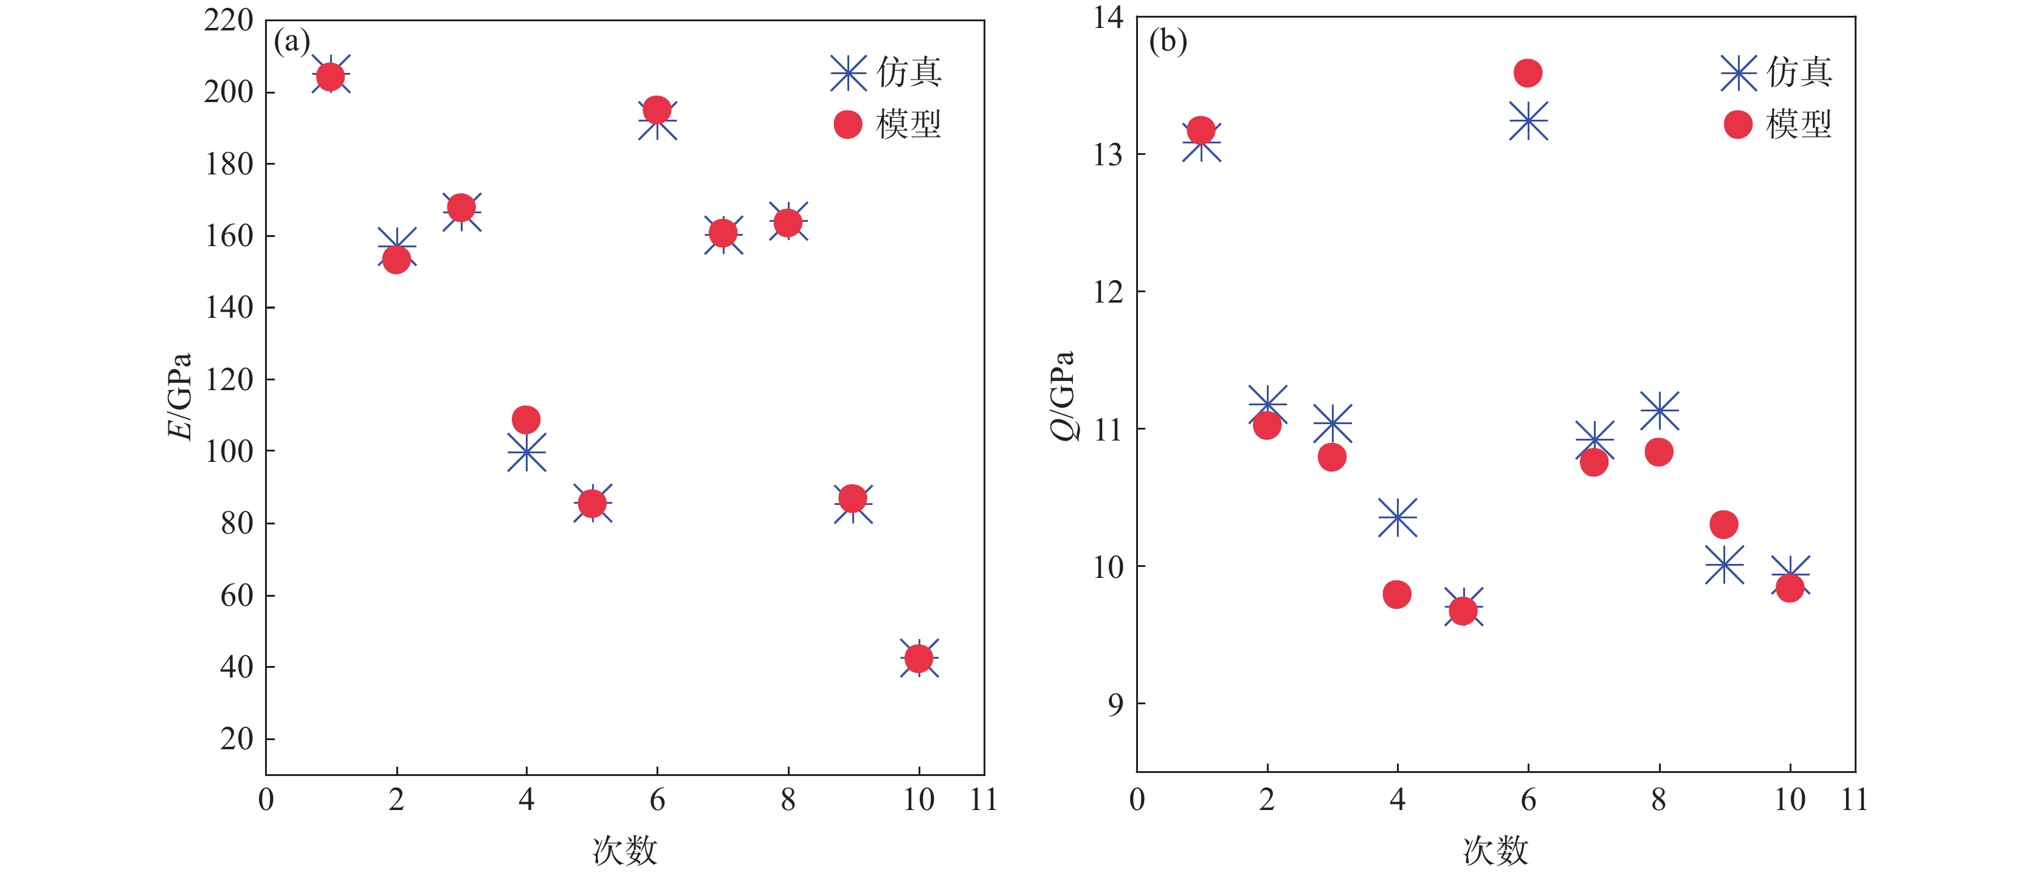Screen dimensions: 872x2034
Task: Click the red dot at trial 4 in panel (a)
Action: click(526, 419)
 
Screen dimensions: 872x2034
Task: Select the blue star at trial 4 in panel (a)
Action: click(526, 452)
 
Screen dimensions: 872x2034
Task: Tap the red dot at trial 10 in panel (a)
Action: click(919, 657)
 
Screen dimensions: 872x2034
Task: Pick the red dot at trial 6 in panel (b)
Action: click(1528, 72)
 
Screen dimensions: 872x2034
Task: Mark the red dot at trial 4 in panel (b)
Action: click(1397, 594)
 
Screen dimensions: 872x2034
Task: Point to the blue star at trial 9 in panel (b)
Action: click(1725, 565)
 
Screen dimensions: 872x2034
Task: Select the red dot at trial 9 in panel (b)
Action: click(1724, 523)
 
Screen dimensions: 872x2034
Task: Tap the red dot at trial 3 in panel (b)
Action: click(1332, 457)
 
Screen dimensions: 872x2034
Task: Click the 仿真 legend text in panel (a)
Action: click(909, 72)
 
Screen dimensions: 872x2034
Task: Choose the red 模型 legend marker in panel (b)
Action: click(1738, 124)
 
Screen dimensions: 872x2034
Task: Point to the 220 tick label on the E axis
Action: click(228, 21)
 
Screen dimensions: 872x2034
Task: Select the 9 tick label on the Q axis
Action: click(1115, 704)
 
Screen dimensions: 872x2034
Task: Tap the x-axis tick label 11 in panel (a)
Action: click(983, 800)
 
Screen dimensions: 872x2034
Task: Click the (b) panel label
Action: click(1168, 41)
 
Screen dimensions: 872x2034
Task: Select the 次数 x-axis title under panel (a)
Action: click(624, 851)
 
